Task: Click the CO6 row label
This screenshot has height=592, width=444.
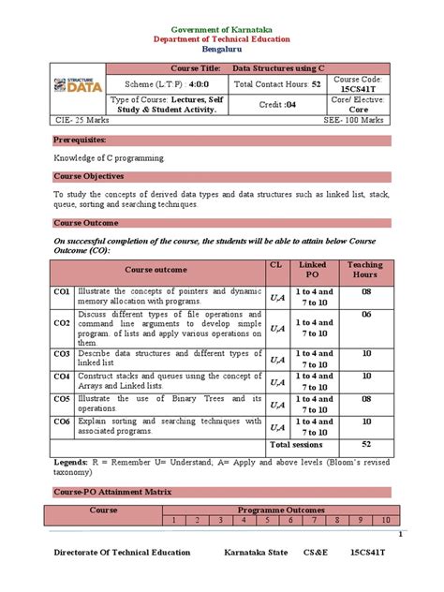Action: click(62, 422)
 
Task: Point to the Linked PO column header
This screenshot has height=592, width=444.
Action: click(312, 270)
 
